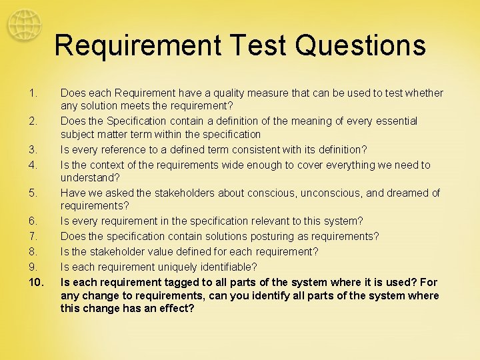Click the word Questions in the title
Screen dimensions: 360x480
[361, 45]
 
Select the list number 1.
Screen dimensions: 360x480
[33, 93]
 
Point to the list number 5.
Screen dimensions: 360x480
[33, 193]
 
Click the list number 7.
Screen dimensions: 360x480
[33, 237]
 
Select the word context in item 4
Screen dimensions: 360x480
[109, 165]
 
